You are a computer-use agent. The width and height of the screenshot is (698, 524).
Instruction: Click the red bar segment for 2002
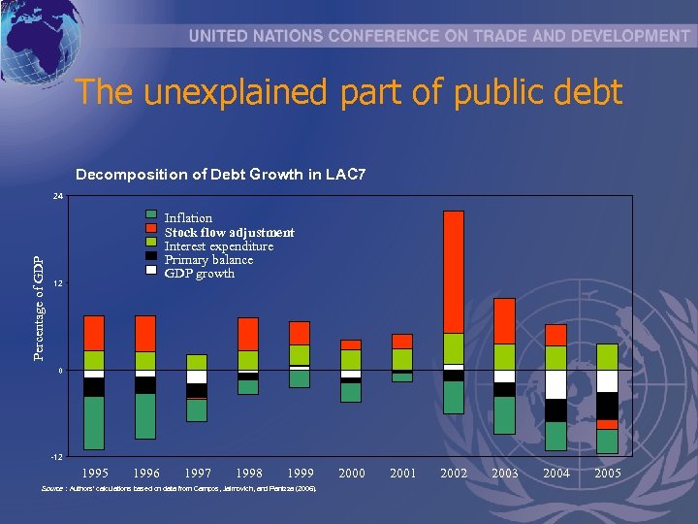[453, 272]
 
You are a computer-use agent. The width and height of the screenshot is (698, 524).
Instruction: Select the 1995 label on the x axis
[94, 473]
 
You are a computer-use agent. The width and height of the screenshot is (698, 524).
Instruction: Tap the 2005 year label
[608, 473]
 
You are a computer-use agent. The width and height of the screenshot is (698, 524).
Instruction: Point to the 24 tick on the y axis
[58, 197]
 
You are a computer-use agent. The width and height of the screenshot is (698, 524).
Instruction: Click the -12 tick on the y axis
[57, 456]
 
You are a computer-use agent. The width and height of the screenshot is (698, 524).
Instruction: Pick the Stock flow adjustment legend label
[229, 232]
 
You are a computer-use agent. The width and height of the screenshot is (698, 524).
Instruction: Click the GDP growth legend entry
[199, 274]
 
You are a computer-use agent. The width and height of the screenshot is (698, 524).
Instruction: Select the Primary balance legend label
[208, 260]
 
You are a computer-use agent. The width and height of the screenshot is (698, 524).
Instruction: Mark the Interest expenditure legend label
[218, 246]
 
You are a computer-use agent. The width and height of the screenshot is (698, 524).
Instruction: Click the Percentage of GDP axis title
[38, 308]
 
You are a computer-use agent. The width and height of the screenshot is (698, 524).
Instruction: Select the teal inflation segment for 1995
[94, 422]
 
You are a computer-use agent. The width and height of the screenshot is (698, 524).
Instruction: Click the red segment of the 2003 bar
[504, 320]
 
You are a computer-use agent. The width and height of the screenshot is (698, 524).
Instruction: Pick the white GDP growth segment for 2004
[555, 384]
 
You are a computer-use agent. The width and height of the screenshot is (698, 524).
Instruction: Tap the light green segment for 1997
[197, 362]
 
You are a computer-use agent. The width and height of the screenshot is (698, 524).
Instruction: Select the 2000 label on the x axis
[352, 473]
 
